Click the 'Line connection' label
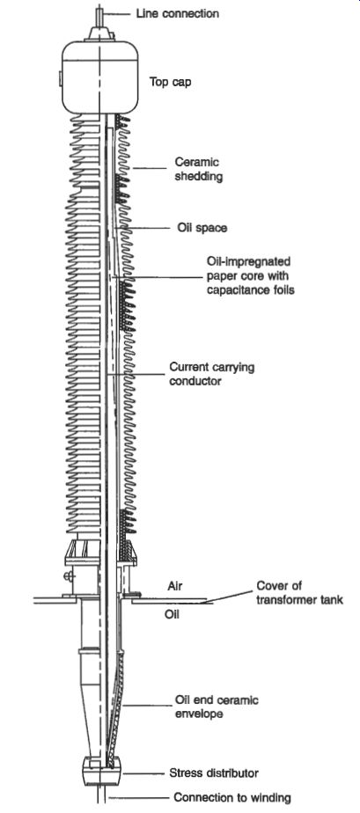178,13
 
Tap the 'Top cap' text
170,82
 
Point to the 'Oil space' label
202,228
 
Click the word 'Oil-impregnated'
249,260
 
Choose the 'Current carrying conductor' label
212,374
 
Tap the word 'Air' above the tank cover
175,585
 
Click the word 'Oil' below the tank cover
173,615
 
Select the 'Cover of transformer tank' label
300,593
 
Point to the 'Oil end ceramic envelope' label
217,707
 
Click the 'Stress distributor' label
214,773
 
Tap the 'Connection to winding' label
232,797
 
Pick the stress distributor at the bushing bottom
102,771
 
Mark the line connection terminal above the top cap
99,24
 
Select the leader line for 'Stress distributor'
143,773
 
